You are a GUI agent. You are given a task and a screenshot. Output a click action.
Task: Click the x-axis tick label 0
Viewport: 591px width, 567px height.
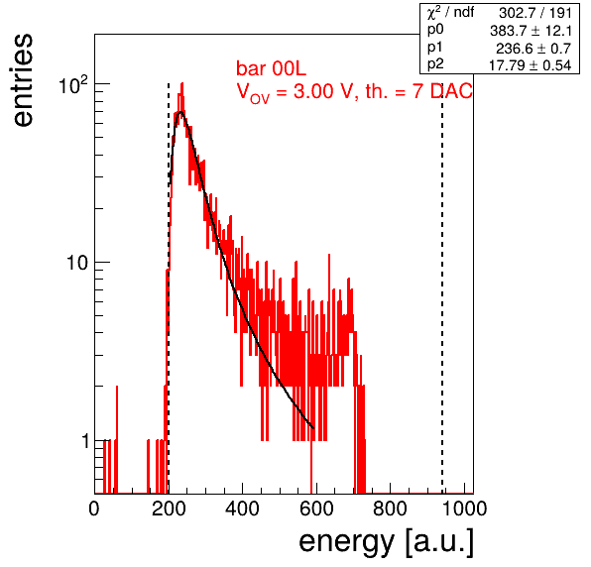(94, 509)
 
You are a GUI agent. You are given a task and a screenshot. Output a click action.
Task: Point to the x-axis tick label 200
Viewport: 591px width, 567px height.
(169, 509)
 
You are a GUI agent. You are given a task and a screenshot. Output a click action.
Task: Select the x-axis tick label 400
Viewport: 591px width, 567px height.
(242, 509)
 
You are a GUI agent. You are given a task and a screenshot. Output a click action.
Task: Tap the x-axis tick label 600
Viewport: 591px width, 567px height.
(316, 509)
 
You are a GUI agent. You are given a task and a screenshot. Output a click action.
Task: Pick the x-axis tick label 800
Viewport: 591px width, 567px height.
(390, 509)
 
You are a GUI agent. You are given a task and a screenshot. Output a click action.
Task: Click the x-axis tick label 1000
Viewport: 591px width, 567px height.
(464, 509)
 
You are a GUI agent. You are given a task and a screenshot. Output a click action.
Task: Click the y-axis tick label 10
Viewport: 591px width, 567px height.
(77, 263)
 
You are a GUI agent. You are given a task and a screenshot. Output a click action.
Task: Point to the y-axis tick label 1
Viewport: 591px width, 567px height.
(85, 440)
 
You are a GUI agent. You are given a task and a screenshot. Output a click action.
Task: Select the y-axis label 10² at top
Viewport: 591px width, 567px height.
(73, 85)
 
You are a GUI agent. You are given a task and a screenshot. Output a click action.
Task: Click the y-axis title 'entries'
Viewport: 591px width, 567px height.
(23, 80)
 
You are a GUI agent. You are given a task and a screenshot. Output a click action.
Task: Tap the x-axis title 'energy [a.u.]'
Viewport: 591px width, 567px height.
(386, 542)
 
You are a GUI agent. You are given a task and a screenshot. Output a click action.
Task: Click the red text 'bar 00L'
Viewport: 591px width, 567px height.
(271, 68)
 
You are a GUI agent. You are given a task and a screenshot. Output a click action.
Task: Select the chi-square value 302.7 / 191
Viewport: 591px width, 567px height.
(535, 13)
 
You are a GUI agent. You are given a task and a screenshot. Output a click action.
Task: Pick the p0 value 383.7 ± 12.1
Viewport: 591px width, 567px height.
(531, 31)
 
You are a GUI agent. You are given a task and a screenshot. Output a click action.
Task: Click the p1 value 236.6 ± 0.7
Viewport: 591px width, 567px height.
(533, 49)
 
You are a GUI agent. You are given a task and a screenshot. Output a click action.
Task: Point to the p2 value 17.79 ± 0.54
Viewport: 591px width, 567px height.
(530, 65)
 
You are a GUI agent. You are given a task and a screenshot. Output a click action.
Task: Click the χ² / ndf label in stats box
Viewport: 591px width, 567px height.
(450, 13)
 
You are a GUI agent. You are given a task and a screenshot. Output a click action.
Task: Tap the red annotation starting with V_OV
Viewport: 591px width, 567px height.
(354, 92)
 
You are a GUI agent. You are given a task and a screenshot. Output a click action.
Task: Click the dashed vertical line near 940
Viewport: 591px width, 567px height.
(442, 288)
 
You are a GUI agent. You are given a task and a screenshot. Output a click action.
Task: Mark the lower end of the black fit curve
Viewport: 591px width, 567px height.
(313, 428)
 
